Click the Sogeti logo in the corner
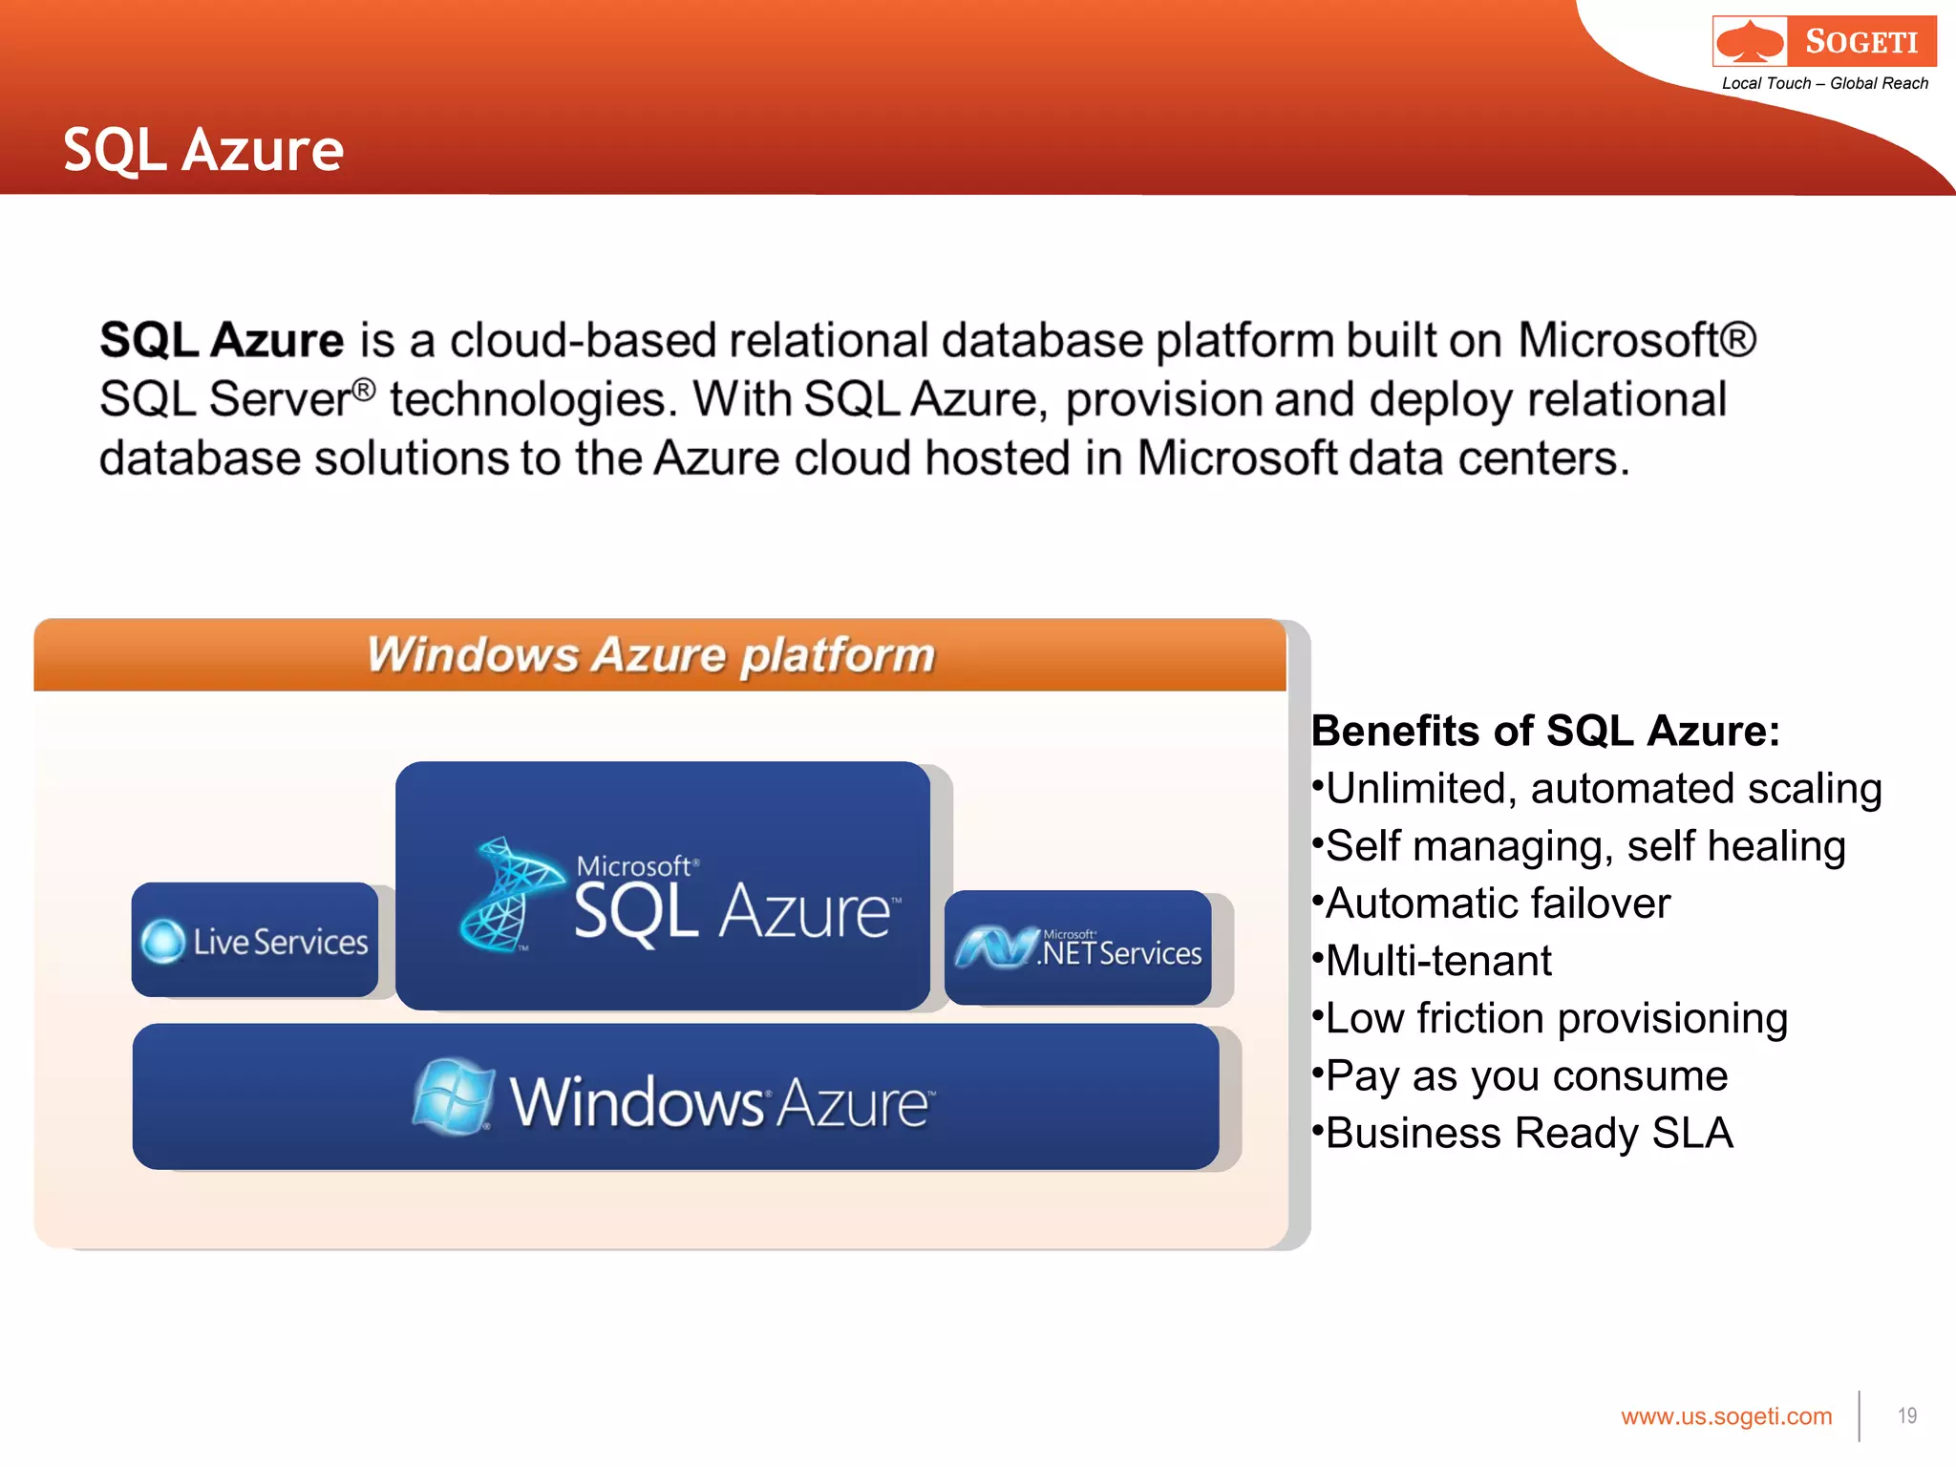coord(1823,41)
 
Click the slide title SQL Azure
coord(203,150)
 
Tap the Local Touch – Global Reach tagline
coord(1824,84)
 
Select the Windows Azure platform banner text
coord(650,655)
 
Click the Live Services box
coord(255,941)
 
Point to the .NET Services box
coord(1078,947)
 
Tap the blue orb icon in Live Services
coord(163,942)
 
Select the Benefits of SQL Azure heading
coord(1544,732)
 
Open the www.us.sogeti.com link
coord(1726,1416)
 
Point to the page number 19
coord(1906,1416)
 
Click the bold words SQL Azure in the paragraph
coord(222,341)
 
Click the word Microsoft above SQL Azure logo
coord(633,866)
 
